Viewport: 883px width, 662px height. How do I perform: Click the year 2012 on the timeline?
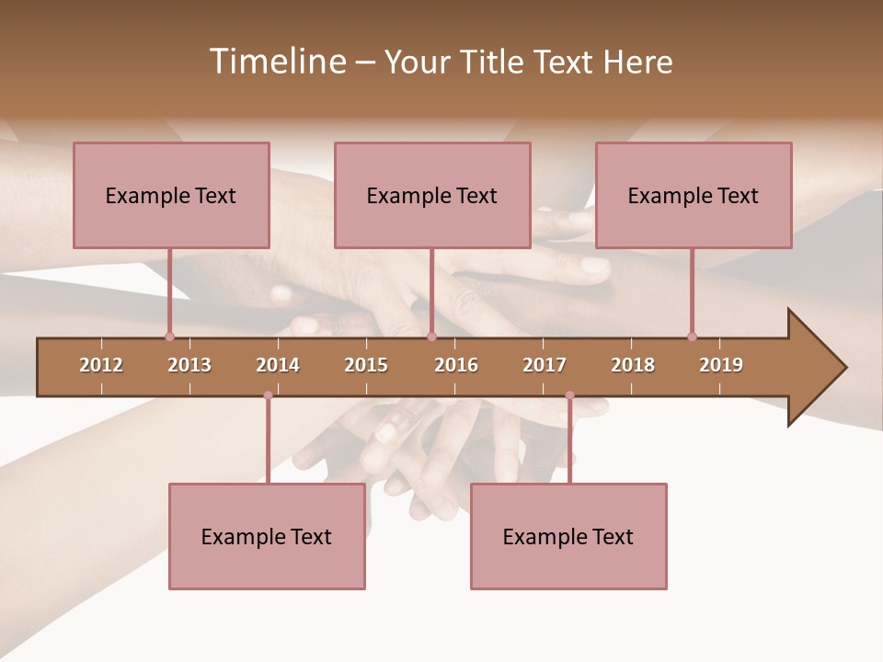[x=101, y=365]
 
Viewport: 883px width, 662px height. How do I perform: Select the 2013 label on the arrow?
[x=189, y=365]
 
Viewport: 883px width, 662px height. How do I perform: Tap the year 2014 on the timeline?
[x=278, y=365]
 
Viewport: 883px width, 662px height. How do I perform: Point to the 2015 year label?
[x=366, y=365]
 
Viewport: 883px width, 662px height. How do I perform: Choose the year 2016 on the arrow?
[x=456, y=365]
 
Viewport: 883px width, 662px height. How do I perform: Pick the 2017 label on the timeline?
[x=545, y=365]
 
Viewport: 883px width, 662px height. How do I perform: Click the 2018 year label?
[x=633, y=365]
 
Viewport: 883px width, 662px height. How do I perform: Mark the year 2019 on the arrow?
[x=721, y=365]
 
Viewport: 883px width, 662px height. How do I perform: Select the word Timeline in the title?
[x=277, y=62]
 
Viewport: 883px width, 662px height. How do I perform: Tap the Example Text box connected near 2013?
[x=171, y=195]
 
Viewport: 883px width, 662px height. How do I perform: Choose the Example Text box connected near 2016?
[x=432, y=195]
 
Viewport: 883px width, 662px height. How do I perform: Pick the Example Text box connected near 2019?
[x=694, y=195]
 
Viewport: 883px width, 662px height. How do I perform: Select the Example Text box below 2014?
[x=267, y=536]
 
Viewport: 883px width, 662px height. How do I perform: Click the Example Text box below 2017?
[x=568, y=536]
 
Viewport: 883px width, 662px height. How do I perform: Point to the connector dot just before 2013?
[x=169, y=337]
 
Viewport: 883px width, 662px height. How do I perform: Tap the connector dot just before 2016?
[x=431, y=337]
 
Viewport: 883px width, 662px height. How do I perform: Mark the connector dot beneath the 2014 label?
[x=268, y=395]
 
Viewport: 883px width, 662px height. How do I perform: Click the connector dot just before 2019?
[x=692, y=337]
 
